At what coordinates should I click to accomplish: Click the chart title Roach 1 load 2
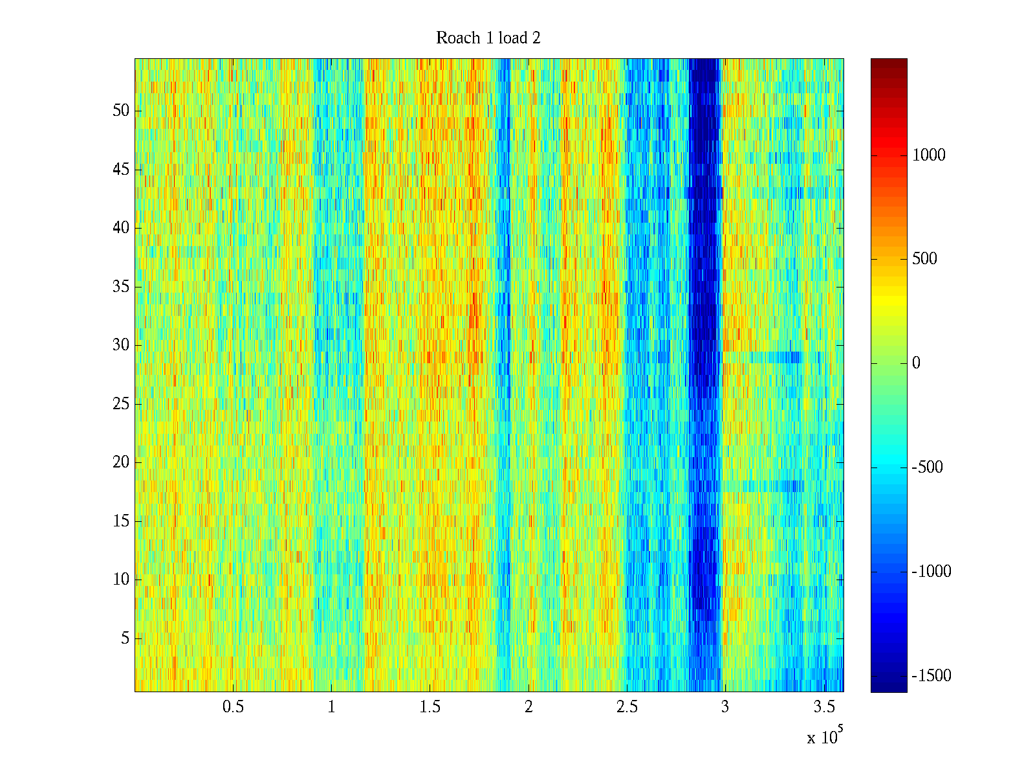click(488, 38)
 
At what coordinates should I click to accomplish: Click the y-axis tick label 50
click(121, 111)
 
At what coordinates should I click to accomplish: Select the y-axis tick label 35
click(121, 287)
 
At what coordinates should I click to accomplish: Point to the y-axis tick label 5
click(125, 638)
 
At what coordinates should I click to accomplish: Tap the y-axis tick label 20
click(121, 462)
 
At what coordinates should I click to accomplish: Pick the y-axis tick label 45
click(121, 170)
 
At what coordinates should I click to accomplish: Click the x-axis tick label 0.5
click(233, 707)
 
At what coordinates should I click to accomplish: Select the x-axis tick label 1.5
click(430, 707)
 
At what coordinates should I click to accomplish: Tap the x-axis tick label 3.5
click(823, 707)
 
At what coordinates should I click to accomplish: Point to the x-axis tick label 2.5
click(627, 707)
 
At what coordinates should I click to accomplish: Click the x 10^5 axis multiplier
click(825, 737)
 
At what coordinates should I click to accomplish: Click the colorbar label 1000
click(929, 155)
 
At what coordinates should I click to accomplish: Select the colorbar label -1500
click(931, 676)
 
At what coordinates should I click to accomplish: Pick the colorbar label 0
click(916, 363)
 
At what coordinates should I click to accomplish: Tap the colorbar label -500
click(928, 467)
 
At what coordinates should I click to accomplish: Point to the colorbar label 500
click(924, 260)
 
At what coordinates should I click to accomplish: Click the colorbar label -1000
click(931, 572)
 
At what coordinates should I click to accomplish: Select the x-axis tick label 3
click(724, 707)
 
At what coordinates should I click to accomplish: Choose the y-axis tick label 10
click(121, 580)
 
